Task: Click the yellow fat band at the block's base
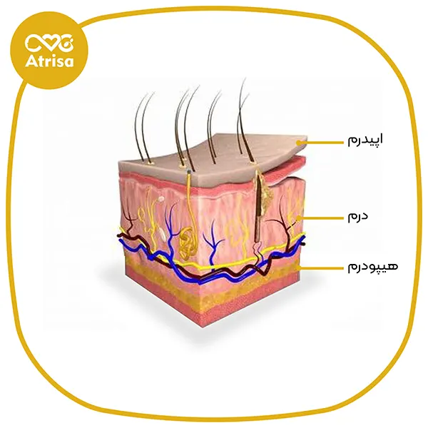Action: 214,289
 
